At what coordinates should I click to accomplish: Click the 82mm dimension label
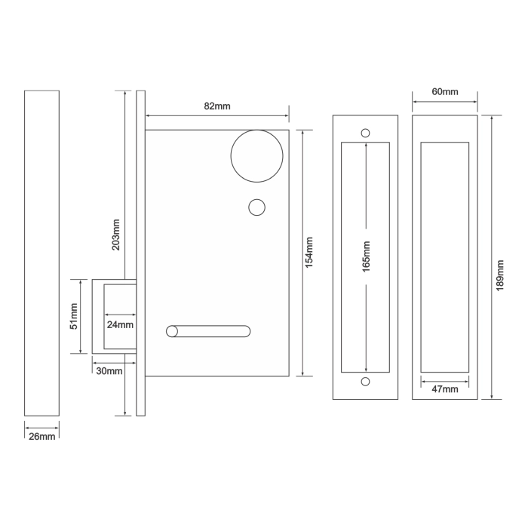coord(217,106)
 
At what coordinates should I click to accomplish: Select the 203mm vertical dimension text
coord(116,235)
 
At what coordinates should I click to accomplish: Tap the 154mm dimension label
coord(309,251)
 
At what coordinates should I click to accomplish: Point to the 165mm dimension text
coord(367,256)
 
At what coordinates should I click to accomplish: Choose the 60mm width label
coord(445,92)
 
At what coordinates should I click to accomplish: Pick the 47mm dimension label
coord(445,389)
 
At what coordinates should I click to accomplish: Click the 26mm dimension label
coord(41,437)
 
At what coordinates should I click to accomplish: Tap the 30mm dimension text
coord(109,370)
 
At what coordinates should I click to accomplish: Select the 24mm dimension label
coord(120,325)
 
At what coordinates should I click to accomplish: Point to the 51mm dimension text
coord(73,316)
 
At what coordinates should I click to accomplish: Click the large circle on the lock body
coord(256,156)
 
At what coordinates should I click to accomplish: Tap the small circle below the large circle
coord(257,206)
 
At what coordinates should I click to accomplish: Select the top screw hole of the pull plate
coord(366,133)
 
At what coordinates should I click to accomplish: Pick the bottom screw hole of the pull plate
coord(366,382)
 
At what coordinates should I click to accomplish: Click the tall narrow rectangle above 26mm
coord(41,253)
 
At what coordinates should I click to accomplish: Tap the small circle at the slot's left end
coord(172,330)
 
